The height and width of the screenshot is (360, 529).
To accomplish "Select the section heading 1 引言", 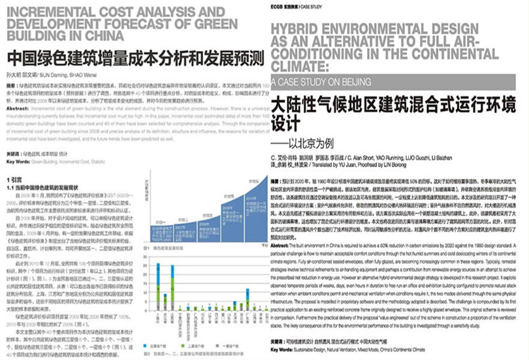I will pos(15,178).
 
